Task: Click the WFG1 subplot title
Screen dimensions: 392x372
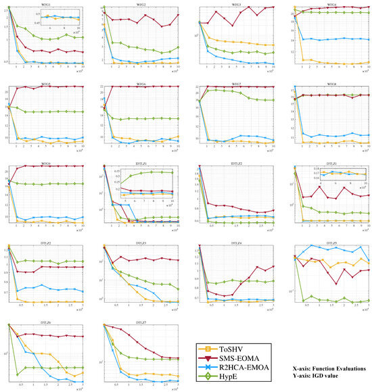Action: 46,4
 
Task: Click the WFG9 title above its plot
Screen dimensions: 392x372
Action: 46,164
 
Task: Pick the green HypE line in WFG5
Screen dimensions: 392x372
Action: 54,112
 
